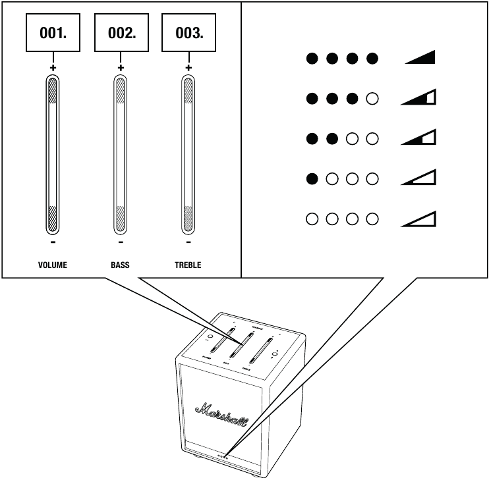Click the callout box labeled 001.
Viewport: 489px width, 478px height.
pos(53,34)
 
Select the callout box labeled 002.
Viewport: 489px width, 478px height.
pos(121,34)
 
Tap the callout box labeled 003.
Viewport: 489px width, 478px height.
pos(188,34)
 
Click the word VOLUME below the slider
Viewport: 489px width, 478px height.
pos(53,265)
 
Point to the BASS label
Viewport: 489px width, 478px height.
pos(121,265)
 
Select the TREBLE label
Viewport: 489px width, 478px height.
pos(188,265)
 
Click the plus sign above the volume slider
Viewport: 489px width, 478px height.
pos(53,67)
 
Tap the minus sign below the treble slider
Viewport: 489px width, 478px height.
pos(188,242)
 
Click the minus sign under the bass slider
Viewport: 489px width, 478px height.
pos(121,242)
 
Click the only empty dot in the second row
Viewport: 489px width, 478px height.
pos(372,99)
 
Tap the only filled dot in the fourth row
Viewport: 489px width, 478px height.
pos(312,178)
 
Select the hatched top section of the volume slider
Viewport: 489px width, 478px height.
pos(53,91)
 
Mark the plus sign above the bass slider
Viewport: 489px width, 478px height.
pos(121,67)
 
